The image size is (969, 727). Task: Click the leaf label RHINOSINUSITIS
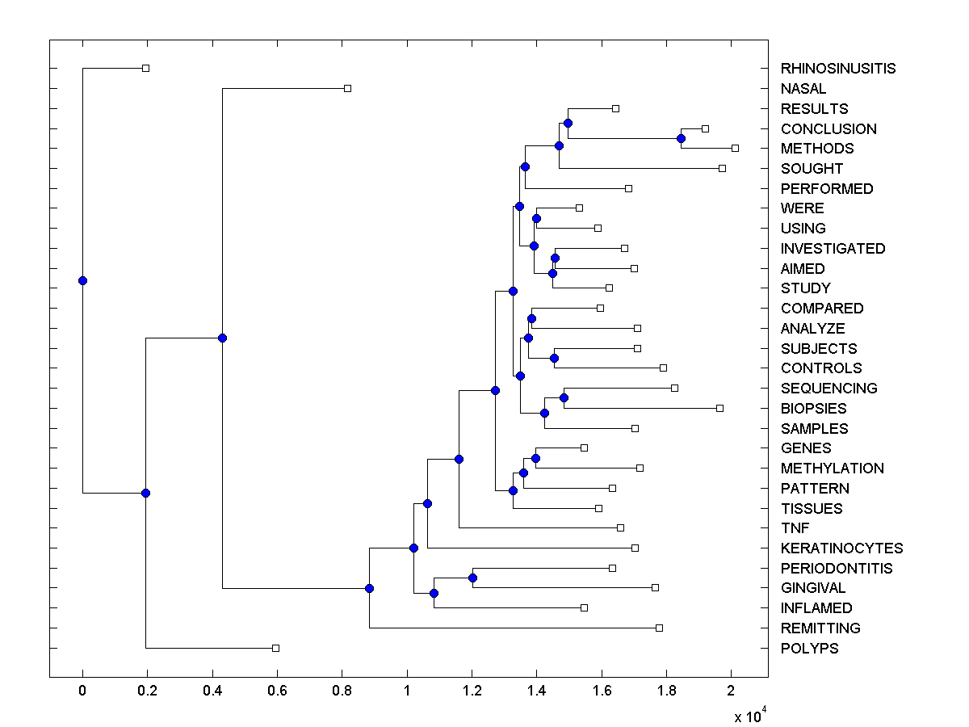pyautogui.click(x=838, y=69)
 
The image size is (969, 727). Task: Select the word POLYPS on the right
pyautogui.click(x=809, y=649)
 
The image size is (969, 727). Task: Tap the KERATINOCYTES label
pyautogui.click(x=841, y=548)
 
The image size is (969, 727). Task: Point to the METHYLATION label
pyautogui.click(x=832, y=469)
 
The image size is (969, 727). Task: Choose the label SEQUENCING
pyautogui.click(x=828, y=389)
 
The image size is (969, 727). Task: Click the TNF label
pyautogui.click(x=795, y=528)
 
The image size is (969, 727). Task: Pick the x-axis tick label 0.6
pyautogui.click(x=277, y=691)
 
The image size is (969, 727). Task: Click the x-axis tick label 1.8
pyautogui.click(x=666, y=691)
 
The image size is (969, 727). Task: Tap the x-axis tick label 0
pyautogui.click(x=82, y=691)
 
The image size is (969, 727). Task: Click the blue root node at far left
pyautogui.click(x=82, y=280)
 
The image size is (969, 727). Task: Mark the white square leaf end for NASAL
pyautogui.click(x=347, y=88)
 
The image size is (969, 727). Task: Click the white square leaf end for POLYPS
pyautogui.click(x=275, y=648)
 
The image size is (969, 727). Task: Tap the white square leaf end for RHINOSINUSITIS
pyautogui.click(x=145, y=68)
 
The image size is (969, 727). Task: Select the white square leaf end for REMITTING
pyautogui.click(x=659, y=628)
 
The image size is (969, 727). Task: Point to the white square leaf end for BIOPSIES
pyautogui.click(x=719, y=408)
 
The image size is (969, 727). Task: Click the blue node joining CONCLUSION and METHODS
pyautogui.click(x=681, y=138)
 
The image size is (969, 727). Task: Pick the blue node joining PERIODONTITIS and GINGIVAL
pyautogui.click(x=472, y=578)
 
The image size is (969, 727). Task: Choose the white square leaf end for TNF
pyautogui.click(x=620, y=527)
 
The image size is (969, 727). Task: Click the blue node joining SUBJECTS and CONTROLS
pyautogui.click(x=554, y=358)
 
